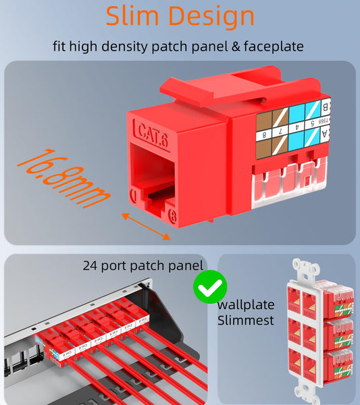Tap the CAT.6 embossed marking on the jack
pos(152,132)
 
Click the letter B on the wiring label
pos(326,107)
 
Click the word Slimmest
pos(245,319)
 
